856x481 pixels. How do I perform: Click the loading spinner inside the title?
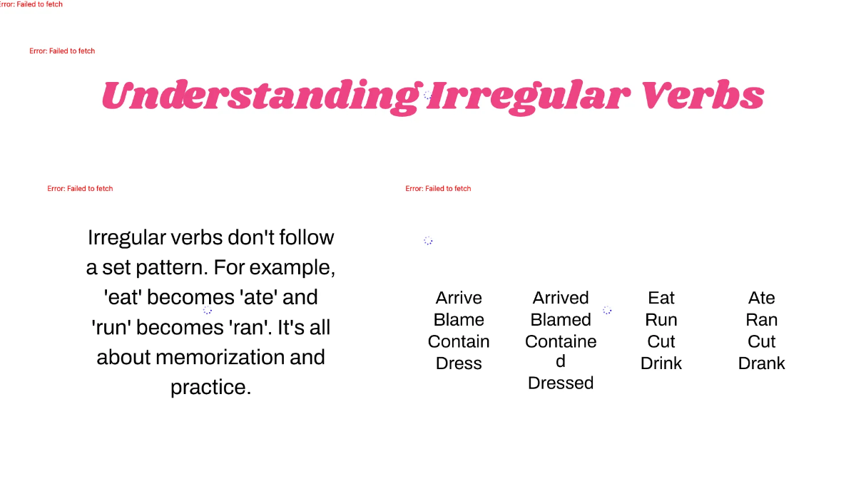tap(427, 95)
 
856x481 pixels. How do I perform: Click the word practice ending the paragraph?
tap(210, 387)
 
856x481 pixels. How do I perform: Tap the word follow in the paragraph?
tap(300, 237)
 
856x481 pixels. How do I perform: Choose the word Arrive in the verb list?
tap(459, 298)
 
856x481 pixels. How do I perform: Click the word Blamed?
tap(561, 320)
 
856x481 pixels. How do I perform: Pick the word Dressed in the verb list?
tap(561, 383)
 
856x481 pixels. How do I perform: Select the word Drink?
tap(661, 363)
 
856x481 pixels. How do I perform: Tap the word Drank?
tap(762, 363)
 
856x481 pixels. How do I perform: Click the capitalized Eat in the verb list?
tap(661, 298)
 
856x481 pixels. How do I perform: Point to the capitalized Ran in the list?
tap(762, 320)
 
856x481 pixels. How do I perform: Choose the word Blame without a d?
tap(459, 320)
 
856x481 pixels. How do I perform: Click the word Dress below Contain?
tap(459, 363)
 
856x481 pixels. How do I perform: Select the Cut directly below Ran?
tap(762, 341)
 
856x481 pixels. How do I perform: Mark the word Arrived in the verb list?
tap(561, 298)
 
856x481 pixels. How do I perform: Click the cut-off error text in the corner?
tap(31, 4)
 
